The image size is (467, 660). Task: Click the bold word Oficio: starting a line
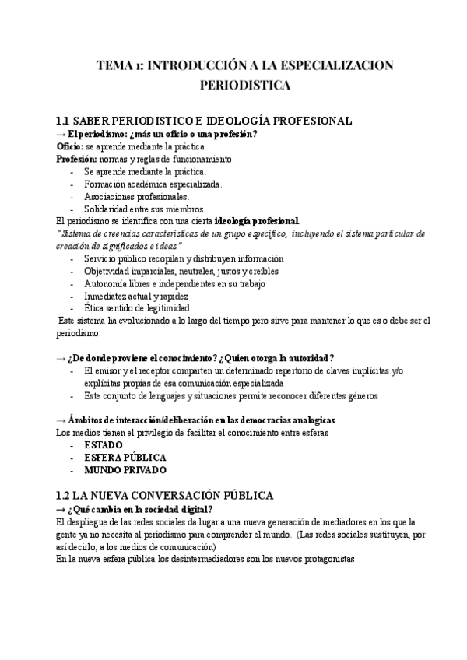coord(70,146)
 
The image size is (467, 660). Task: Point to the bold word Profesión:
coord(76,159)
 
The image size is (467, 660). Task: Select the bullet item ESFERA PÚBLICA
coord(125,458)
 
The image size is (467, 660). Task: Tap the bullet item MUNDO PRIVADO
coord(125,470)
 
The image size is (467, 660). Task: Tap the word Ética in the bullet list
coord(94,308)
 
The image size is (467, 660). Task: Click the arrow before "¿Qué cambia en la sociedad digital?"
coord(61,509)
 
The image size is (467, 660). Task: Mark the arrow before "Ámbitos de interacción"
coord(61,420)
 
